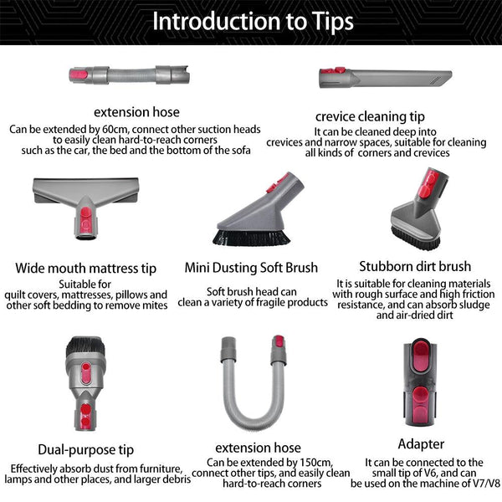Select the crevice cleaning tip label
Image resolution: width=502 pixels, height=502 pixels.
[x=371, y=116]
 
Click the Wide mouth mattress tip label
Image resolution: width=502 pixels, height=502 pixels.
[x=86, y=269]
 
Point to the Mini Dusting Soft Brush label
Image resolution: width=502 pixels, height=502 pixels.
[x=251, y=268]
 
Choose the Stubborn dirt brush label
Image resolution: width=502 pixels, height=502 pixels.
[x=415, y=267]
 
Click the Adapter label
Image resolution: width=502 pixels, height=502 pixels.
[x=421, y=443]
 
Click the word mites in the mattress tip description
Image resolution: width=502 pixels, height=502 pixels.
[x=154, y=306]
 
